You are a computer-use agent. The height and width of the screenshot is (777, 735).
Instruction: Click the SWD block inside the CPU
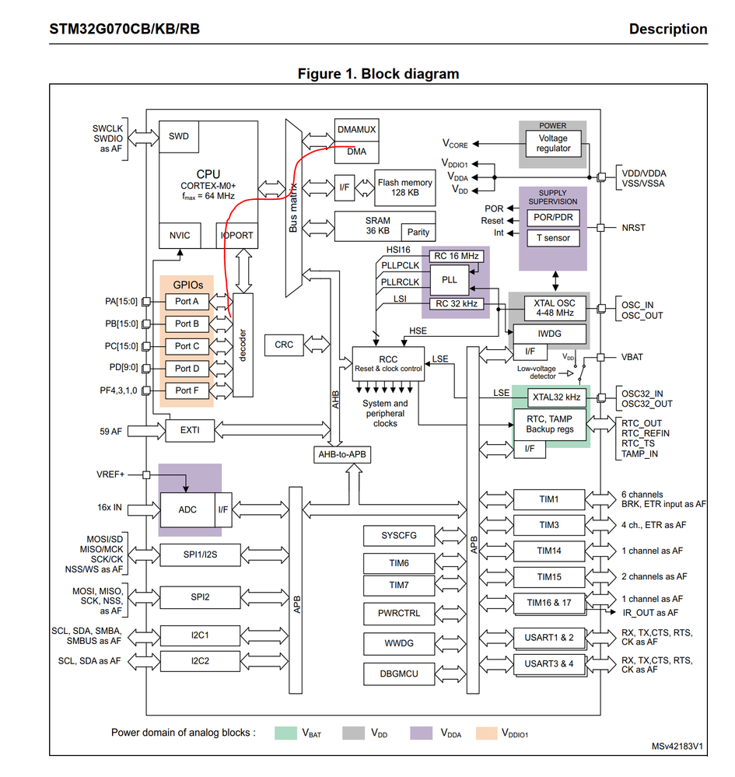coord(178,137)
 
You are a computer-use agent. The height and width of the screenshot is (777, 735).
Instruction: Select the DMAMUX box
coord(356,130)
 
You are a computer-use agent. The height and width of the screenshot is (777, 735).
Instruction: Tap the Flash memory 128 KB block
coord(404,187)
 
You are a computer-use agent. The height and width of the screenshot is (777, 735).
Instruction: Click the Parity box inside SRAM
coord(417,232)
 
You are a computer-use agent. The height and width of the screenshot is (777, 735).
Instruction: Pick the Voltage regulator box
coord(553,143)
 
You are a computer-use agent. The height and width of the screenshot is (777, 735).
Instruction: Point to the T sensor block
coord(553,238)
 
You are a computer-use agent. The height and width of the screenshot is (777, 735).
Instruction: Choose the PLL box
coord(450,278)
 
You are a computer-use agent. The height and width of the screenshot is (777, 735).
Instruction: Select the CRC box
coord(284,344)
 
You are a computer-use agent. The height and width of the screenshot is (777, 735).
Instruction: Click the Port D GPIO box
coord(187,368)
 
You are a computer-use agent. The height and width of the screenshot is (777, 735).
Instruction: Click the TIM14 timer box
coord(549,551)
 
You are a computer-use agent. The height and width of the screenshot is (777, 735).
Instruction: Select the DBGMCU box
coord(398,674)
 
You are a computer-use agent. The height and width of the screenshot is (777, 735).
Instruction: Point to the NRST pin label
coord(635,228)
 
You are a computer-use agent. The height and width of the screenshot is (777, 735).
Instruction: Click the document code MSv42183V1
coord(678,747)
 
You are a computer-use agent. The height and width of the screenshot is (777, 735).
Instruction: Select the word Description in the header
coord(668,30)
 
